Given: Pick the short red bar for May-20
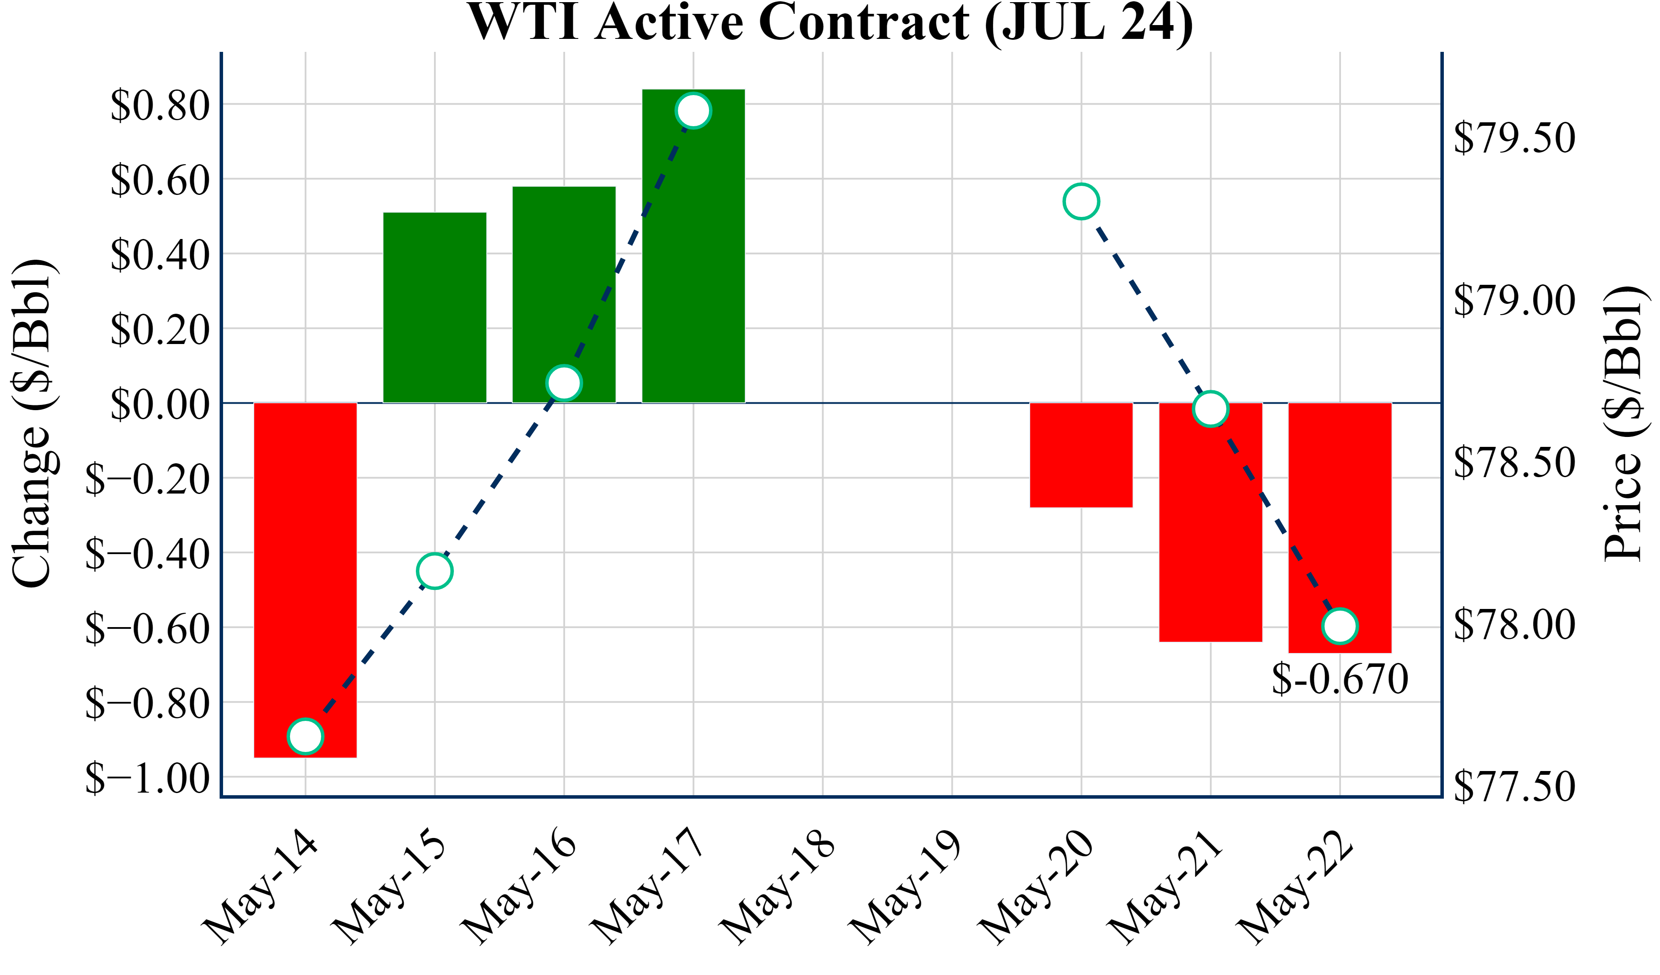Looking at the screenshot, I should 1081,455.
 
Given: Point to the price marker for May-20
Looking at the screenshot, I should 1081,201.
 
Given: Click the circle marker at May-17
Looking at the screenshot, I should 693,111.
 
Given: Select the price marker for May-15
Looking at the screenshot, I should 435,570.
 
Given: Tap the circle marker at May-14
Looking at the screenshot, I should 305,736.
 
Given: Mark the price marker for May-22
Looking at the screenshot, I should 1340,626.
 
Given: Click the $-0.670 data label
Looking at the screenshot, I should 1340,680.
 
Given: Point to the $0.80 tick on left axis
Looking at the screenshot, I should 160,105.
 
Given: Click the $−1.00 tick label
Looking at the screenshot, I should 147,779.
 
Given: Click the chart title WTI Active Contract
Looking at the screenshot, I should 830,22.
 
